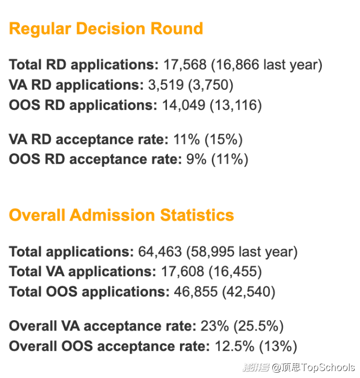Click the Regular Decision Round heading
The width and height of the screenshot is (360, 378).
(106, 28)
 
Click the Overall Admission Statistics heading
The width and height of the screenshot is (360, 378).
(122, 215)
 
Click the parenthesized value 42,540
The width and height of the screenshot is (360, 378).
(249, 292)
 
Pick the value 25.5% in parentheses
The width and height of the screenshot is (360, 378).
(259, 326)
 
